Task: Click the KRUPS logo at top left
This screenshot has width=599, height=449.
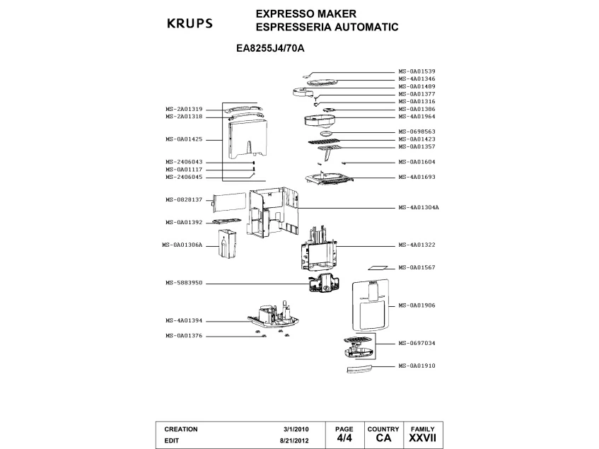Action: (x=189, y=23)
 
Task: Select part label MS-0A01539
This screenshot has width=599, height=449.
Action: (x=417, y=71)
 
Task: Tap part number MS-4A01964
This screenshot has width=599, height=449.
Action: (x=417, y=117)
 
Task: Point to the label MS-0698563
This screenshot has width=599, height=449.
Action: (x=417, y=132)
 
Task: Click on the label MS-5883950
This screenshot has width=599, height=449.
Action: (x=185, y=283)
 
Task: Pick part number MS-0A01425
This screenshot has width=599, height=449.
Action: (x=185, y=139)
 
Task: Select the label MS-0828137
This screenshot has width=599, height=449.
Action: (x=185, y=200)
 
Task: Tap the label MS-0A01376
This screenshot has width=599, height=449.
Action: (x=185, y=335)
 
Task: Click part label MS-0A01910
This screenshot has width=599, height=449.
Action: (x=417, y=366)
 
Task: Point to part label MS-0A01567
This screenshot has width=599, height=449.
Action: (x=417, y=267)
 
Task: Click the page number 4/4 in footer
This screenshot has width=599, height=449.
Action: (x=344, y=438)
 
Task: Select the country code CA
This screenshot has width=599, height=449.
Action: (x=384, y=438)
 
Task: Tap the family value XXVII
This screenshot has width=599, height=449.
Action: (x=423, y=438)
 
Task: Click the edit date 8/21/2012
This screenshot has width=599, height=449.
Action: (x=294, y=439)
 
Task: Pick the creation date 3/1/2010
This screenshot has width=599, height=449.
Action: (x=296, y=429)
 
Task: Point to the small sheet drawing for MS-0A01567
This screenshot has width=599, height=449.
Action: (x=378, y=269)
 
